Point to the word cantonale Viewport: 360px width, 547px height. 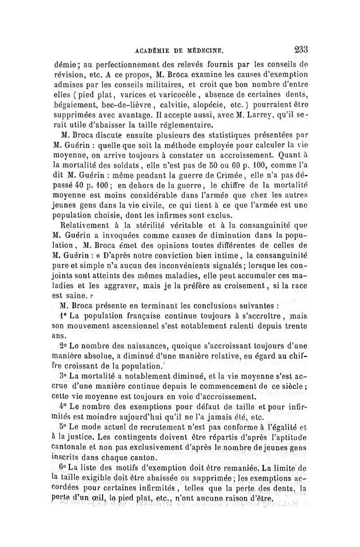[x=74, y=446]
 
